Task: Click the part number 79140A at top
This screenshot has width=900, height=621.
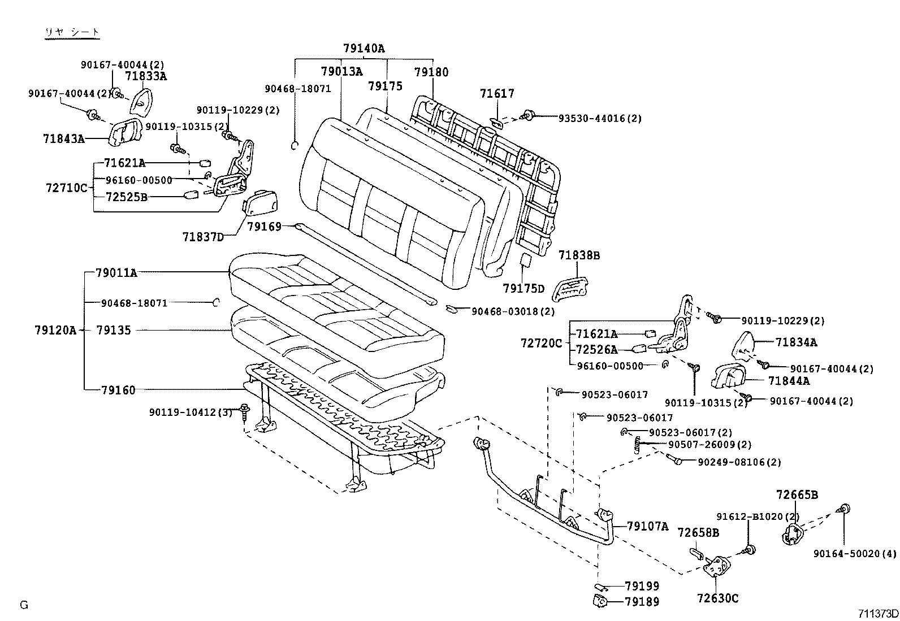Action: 364,49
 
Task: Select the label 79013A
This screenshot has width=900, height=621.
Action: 341,72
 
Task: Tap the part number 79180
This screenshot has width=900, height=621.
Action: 431,72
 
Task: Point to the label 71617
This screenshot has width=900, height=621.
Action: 497,94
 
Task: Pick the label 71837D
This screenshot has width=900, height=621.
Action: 203,236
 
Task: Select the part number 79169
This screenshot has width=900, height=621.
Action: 264,227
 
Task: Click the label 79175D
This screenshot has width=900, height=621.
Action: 523,289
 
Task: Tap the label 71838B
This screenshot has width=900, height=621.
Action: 579,255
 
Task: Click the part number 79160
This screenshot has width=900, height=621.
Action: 118,390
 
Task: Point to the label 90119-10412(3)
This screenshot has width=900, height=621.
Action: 191,412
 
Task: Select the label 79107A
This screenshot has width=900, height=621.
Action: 647,527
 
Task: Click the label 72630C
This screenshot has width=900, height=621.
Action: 717,598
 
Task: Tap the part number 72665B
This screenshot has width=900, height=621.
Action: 797,496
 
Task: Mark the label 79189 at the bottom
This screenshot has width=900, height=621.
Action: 642,602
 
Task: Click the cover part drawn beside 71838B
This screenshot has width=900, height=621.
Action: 568,286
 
